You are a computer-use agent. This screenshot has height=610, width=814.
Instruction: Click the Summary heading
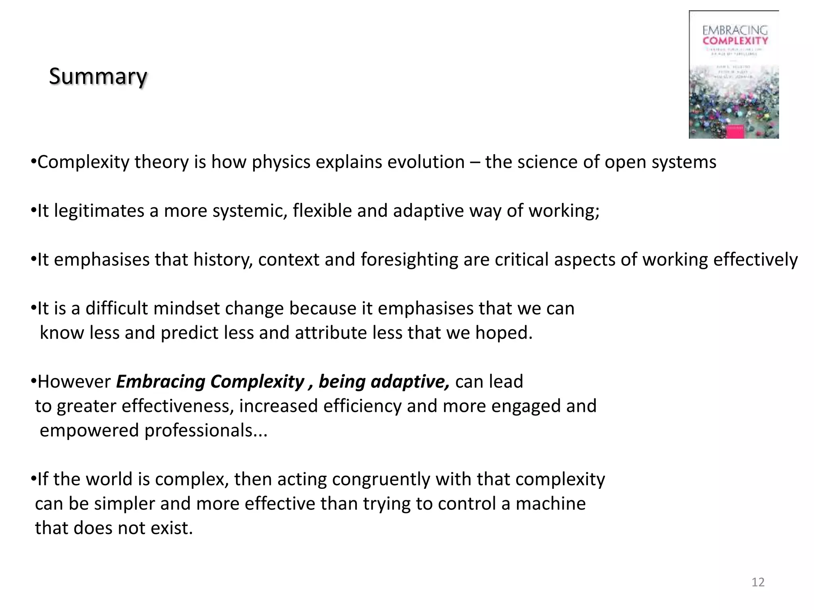98,76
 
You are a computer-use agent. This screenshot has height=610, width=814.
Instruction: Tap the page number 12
758,582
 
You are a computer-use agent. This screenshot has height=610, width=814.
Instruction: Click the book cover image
734,75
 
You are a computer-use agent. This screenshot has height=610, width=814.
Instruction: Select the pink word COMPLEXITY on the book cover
735,41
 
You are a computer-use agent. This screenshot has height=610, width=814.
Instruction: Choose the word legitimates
99,210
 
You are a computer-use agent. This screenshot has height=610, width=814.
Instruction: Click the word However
74,382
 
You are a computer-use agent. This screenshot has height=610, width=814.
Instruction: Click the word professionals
198,430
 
